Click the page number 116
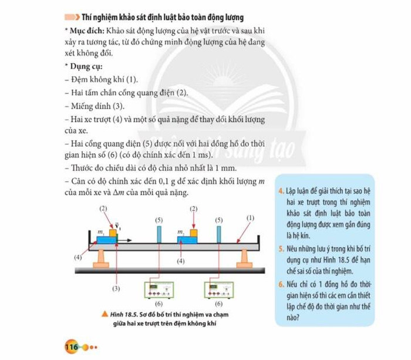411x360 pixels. (x=72, y=347)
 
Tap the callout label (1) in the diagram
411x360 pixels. (x=251, y=217)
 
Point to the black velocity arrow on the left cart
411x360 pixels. (x=124, y=241)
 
